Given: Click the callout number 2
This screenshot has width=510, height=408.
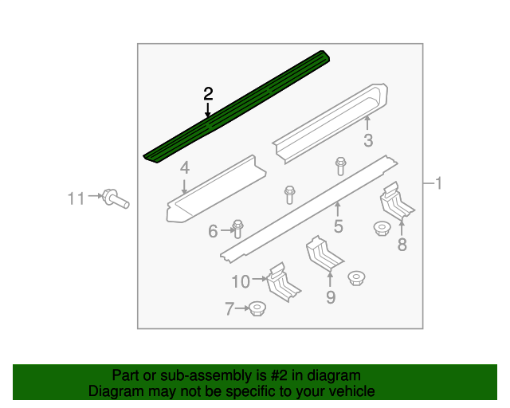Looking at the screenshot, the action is [208, 94].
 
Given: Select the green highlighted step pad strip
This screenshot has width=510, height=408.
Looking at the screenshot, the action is [237, 107].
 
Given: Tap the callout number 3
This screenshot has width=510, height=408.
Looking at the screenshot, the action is [368, 140].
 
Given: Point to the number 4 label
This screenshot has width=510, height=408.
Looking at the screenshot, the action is [184, 168].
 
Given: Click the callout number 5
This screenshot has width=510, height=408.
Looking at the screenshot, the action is [338, 226].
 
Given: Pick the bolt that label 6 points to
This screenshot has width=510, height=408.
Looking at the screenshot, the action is [237, 229].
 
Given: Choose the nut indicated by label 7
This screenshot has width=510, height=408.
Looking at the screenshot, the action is [257, 308].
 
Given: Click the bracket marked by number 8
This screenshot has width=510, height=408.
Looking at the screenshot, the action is [396, 201].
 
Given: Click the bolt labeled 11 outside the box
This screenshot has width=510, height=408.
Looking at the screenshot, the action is [116, 198].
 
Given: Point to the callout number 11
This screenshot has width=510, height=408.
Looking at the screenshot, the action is [76, 198].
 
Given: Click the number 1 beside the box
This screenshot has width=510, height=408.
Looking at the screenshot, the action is [438, 183].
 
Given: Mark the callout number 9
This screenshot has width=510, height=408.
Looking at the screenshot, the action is [331, 297].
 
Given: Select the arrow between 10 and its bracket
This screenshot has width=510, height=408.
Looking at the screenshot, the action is [259, 279].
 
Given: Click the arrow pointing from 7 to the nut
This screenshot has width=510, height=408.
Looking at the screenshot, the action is [242, 308].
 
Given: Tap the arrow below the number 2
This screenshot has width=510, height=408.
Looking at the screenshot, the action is [208, 109].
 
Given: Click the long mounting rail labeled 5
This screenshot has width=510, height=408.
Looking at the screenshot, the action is [309, 209].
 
